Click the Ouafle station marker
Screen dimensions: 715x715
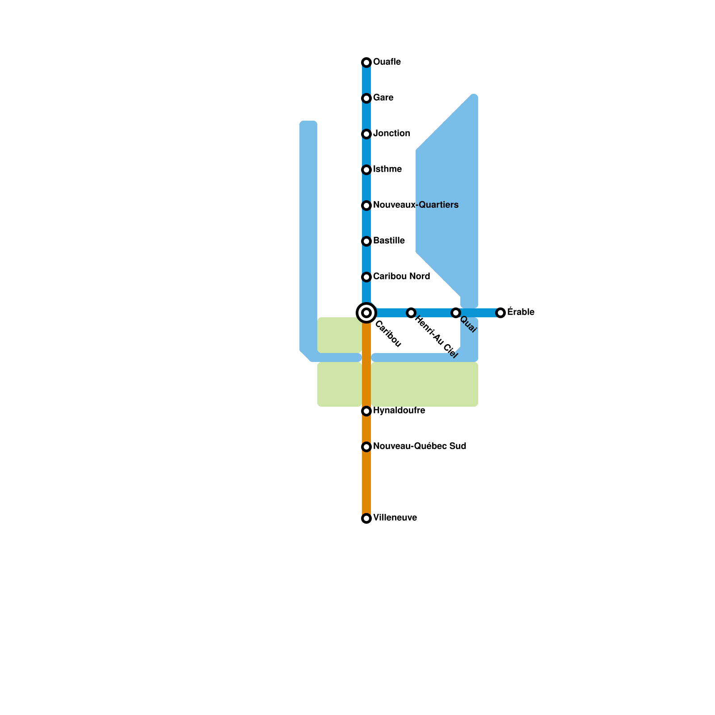click(x=366, y=62)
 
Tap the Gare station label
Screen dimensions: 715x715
click(x=383, y=97)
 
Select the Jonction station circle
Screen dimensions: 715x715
click(x=366, y=134)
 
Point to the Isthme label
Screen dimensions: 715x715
click(x=387, y=169)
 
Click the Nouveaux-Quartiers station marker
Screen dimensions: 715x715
click(x=366, y=205)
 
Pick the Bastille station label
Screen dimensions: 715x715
click(x=389, y=240)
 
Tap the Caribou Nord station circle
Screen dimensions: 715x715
click(x=366, y=277)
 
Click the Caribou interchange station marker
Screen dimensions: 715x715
click(x=366, y=312)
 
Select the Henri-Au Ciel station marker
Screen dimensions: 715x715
click(x=411, y=313)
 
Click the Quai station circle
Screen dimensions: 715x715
click(x=456, y=313)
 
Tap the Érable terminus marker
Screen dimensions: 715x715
click(x=500, y=313)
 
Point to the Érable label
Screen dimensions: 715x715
click(x=521, y=312)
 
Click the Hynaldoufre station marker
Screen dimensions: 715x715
click(x=366, y=411)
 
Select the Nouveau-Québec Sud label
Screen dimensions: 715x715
click(x=419, y=446)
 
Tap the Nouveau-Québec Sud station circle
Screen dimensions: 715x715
click(x=366, y=447)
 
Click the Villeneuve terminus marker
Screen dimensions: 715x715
click(x=366, y=518)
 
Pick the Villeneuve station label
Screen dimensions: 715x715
click(x=395, y=517)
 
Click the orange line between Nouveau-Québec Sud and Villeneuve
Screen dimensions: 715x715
click(x=366, y=483)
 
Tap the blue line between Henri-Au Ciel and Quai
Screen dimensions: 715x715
click(x=433, y=313)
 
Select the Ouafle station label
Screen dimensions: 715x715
click(x=387, y=62)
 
